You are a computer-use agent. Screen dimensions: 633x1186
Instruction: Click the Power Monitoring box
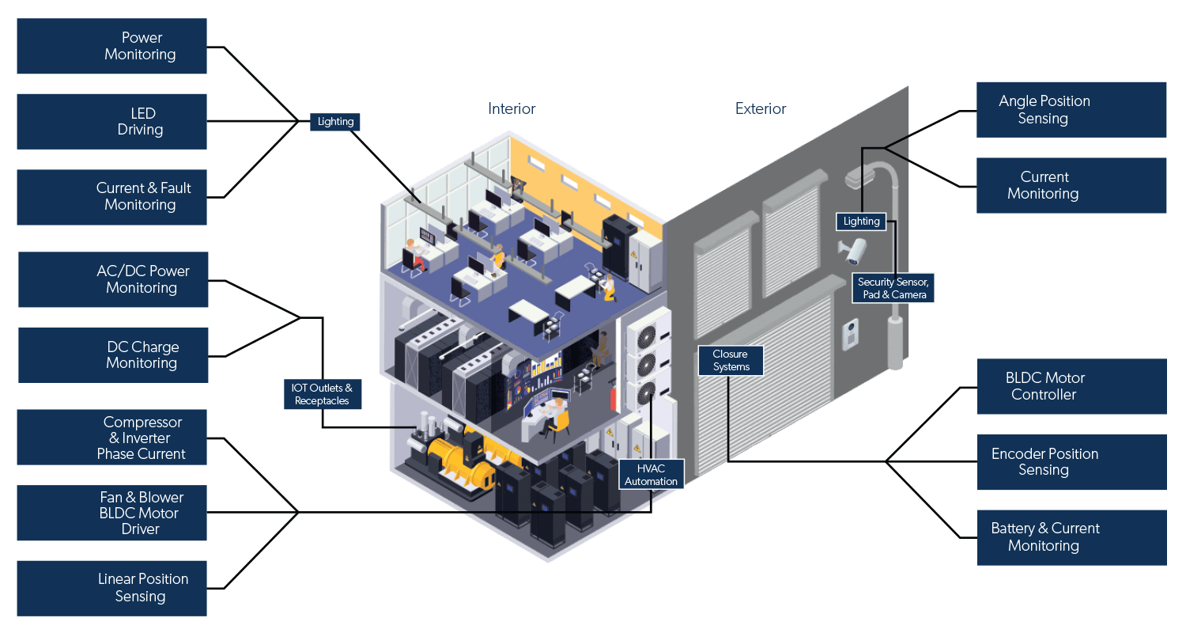(x=111, y=46)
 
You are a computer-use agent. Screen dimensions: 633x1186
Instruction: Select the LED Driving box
(x=111, y=121)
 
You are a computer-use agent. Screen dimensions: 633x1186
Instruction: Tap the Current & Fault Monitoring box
(x=111, y=196)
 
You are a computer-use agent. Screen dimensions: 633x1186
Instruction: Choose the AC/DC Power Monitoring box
(x=113, y=279)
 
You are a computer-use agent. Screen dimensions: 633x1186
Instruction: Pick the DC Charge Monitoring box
(x=113, y=354)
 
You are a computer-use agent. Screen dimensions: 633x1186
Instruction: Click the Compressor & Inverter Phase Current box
(x=111, y=438)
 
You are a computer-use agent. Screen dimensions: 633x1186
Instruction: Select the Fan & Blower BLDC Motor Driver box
(x=111, y=513)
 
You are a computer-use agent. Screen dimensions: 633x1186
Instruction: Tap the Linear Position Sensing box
(x=111, y=588)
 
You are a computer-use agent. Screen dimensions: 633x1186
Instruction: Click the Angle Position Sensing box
(x=1071, y=109)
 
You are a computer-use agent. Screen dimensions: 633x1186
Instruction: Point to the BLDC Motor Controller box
(x=1071, y=386)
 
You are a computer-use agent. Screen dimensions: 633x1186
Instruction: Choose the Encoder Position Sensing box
(x=1071, y=461)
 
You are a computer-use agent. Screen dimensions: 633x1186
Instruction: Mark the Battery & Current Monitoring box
(x=1071, y=537)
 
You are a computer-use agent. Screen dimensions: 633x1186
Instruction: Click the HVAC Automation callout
(x=651, y=475)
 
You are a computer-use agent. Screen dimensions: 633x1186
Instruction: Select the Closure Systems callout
(x=731, y=360)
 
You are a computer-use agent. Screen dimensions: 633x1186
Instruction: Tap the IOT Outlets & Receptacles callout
(x=323, y=394)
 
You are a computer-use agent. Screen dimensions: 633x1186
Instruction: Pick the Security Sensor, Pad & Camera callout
(x=893, y=288)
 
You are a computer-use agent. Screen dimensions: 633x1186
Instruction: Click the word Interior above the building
(x=512, y=108)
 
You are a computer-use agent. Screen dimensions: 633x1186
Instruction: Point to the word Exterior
(x=761, y=108)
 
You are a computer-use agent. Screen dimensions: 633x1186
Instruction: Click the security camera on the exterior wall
(x=854, y=252)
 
